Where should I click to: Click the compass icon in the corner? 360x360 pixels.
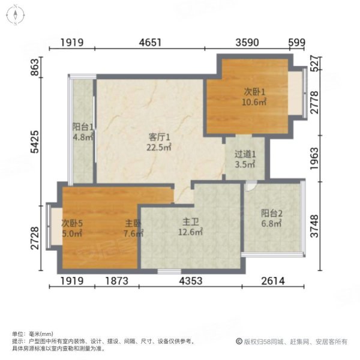(16, 16)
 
